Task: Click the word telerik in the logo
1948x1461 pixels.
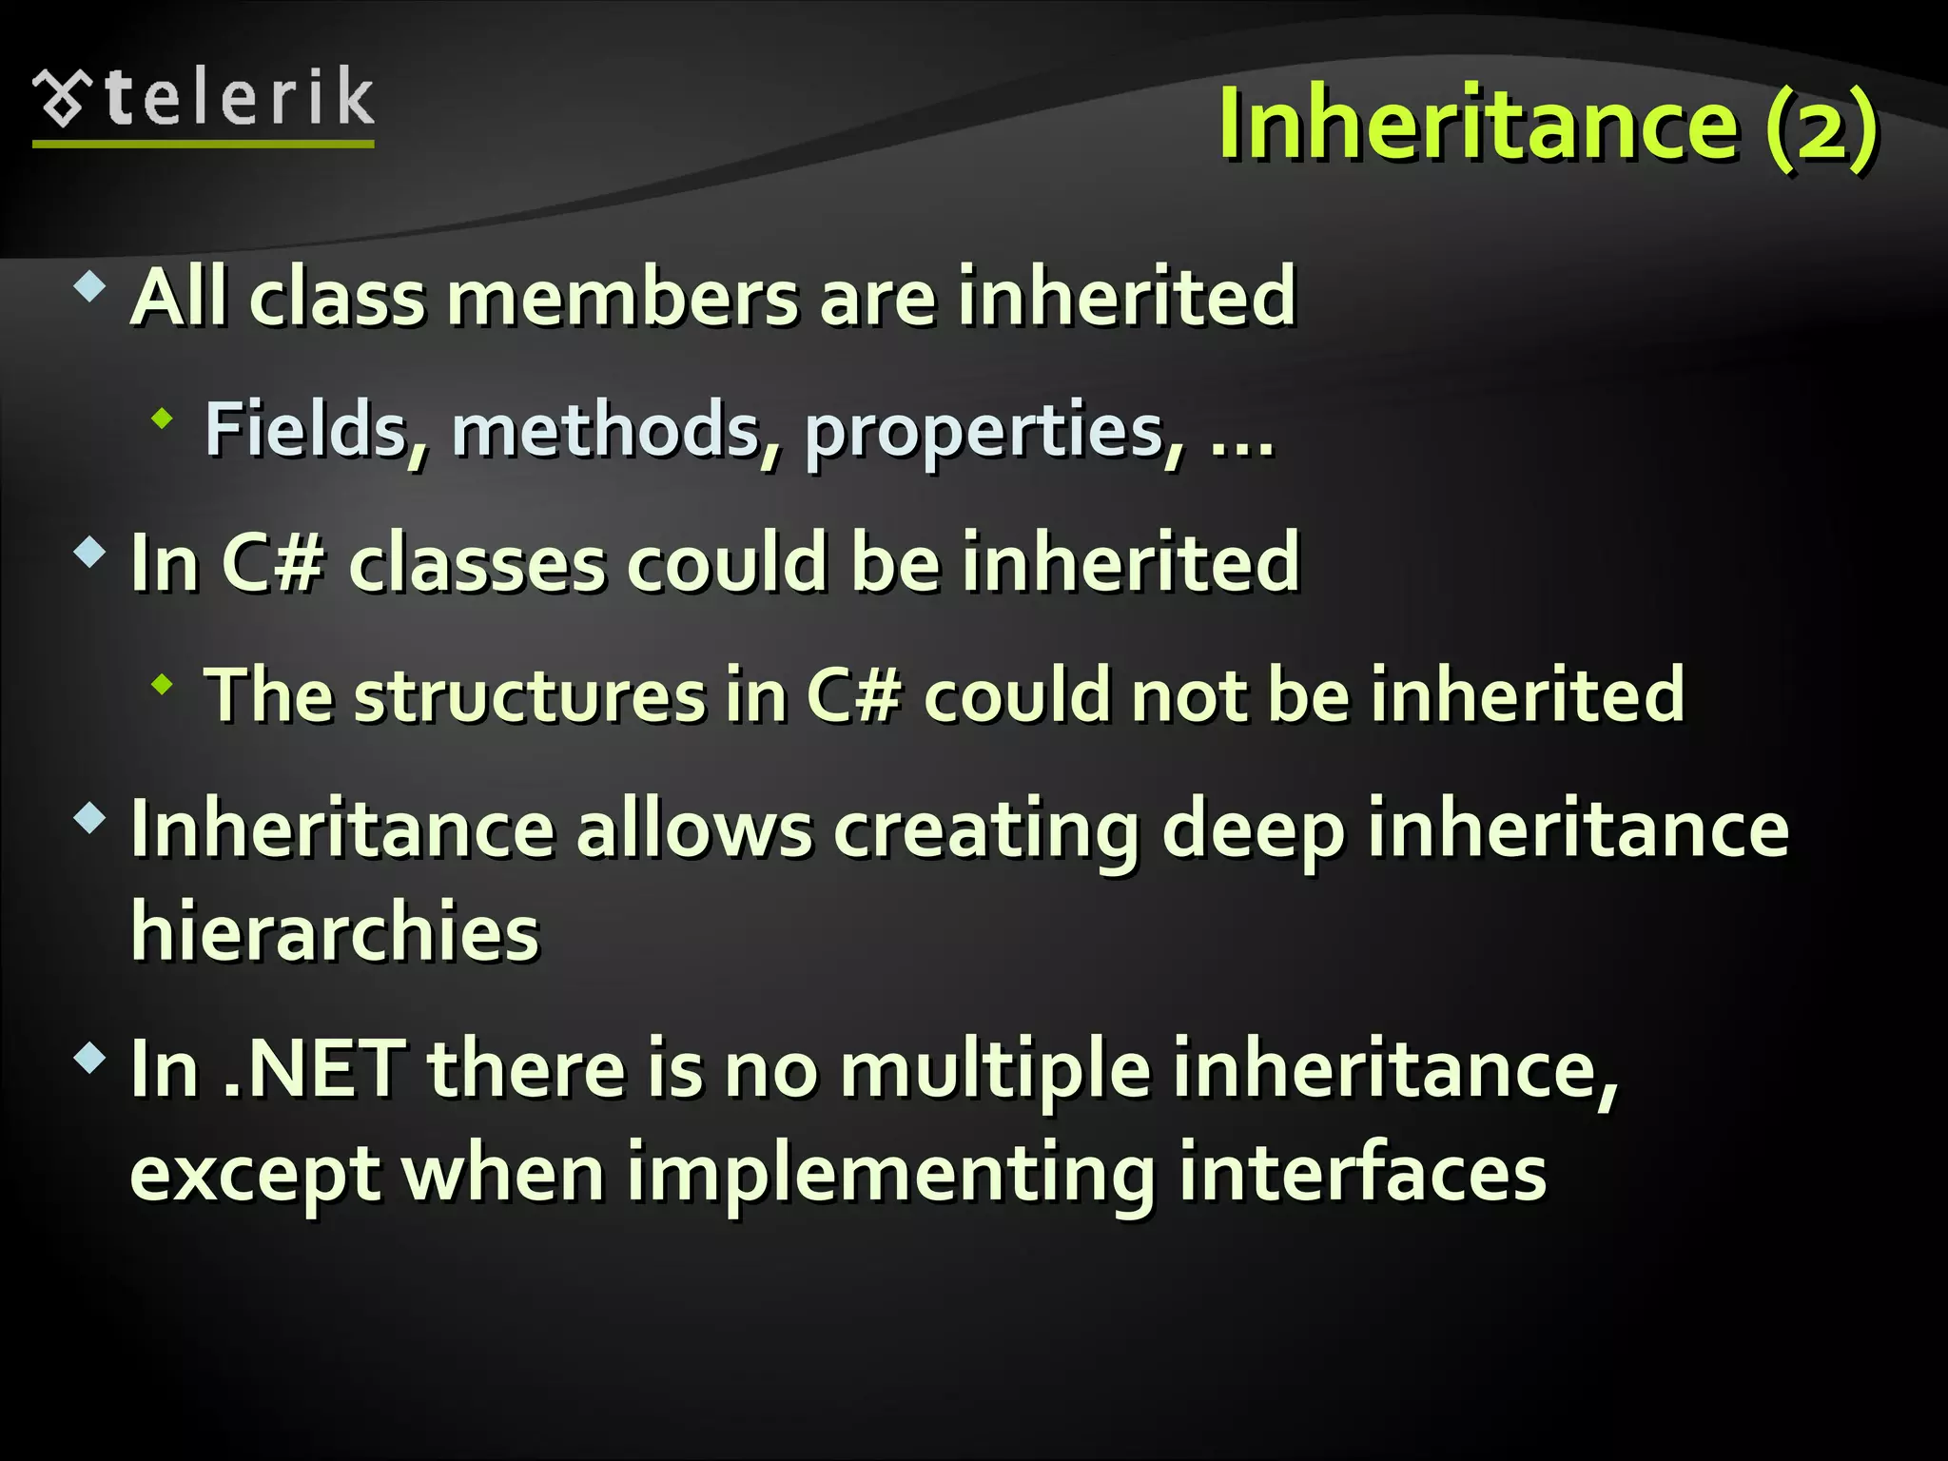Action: (240, 97)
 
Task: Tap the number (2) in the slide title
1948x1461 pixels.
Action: (1821, 126)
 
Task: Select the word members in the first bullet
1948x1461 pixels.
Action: (626, 298)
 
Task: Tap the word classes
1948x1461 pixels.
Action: (477, 564)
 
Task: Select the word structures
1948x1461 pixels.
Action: (529, 695)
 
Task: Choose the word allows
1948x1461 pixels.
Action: (694, 830)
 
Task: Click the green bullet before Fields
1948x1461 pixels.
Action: (163, 418)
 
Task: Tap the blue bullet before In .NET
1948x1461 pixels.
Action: (90, 1057)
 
